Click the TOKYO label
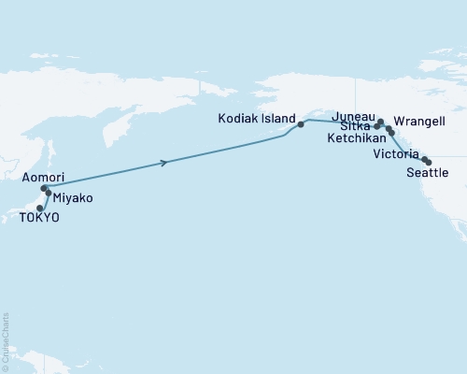tap(39, 217)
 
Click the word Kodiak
tap(237, 120)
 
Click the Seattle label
tap(428, 173)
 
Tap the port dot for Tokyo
tap(39, 208)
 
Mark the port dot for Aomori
tap(44, 188)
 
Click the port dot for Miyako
tap(48, 193)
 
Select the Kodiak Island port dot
tap(301, 123)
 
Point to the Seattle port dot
tap(429, 163)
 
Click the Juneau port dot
tap(380, 122)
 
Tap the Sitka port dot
tap(376, 125)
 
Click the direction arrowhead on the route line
tap(165, 163)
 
